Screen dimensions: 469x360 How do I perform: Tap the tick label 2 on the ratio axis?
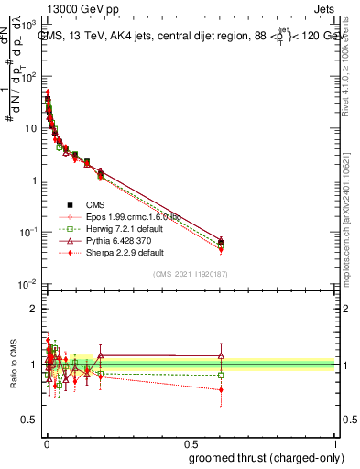(x=32, y=309)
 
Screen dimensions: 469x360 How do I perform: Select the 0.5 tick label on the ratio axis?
(x=28, y=422)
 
